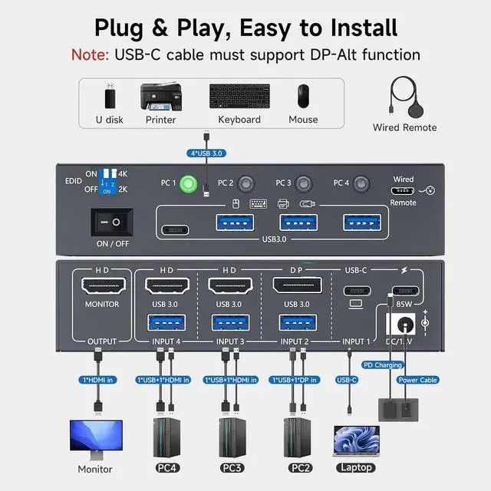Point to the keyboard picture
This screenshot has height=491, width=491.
point(239,97)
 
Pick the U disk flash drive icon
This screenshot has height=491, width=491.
point(110,98)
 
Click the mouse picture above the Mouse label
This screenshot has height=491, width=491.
point(304,97)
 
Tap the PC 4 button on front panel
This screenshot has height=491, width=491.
point(361,184)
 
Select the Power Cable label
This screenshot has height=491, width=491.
point(418,380)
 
